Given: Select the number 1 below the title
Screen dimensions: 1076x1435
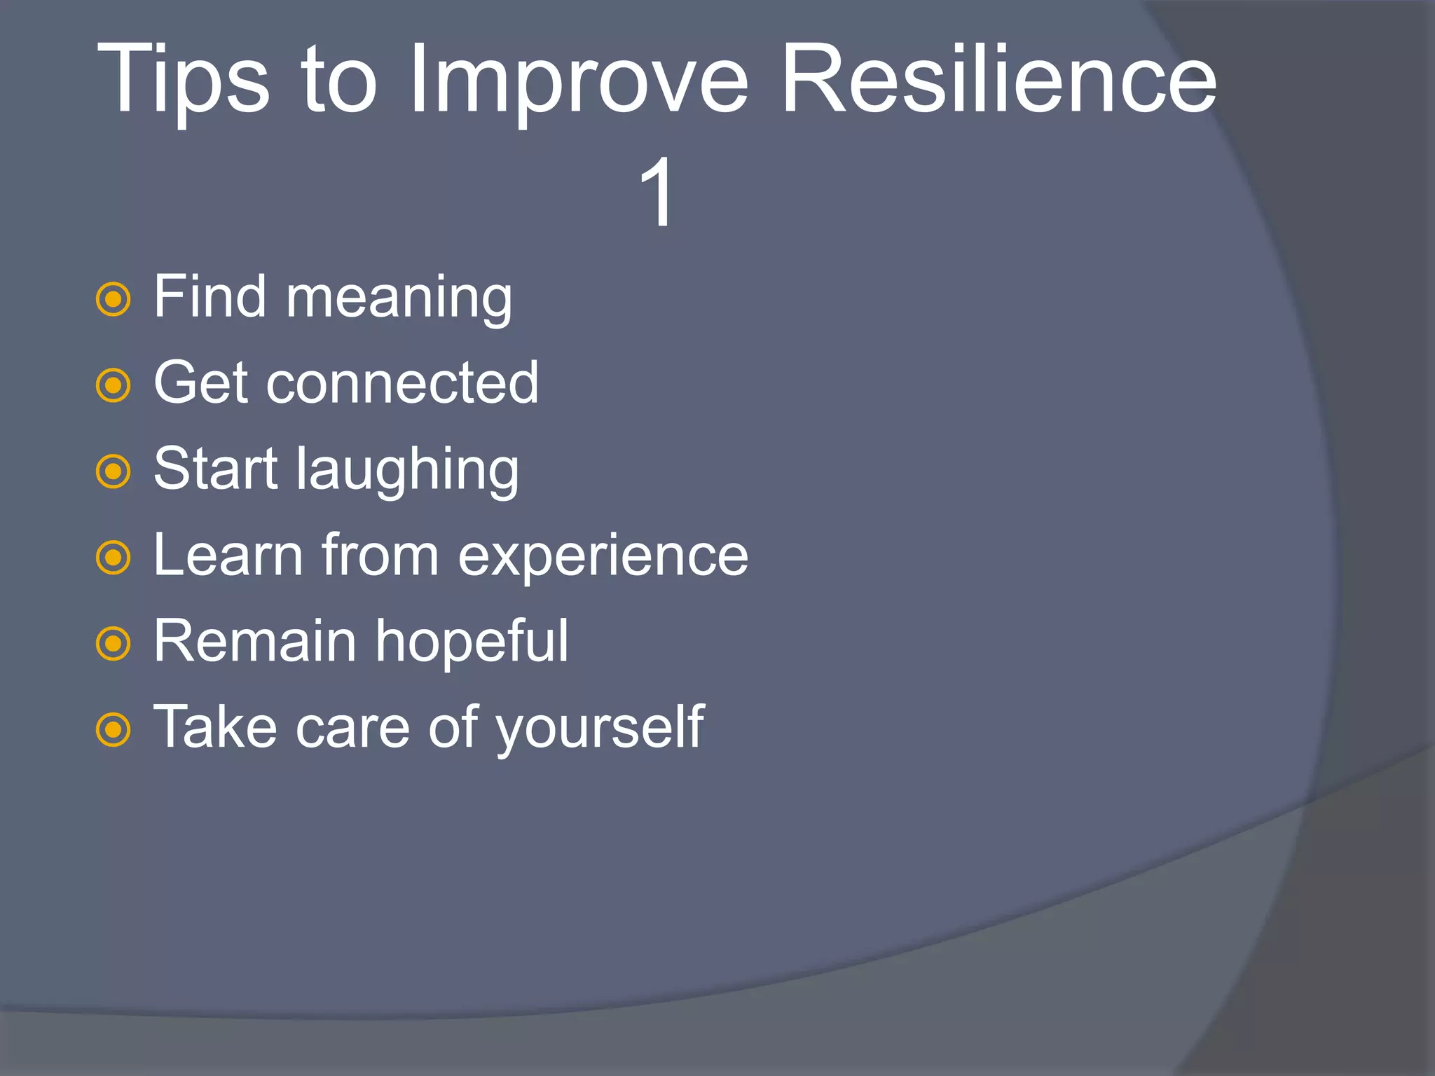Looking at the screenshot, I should tap(657, 193).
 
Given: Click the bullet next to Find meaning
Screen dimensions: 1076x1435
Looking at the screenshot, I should tap(113, 299).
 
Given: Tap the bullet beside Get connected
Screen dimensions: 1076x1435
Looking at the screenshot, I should tap(113, 385).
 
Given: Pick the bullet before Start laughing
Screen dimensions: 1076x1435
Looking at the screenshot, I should tap(113, 471).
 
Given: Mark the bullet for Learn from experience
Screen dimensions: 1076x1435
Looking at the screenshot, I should tap(113, 558).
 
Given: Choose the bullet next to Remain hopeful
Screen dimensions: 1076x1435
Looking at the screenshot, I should tap(113, 644).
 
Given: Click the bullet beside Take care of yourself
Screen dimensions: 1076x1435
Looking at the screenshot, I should tap(113, 730).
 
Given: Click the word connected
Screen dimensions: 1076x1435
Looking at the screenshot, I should tap(402, 384).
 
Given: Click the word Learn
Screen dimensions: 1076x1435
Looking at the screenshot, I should tap(228, 556).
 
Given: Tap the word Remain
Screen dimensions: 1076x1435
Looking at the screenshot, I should tap(255, 641).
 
